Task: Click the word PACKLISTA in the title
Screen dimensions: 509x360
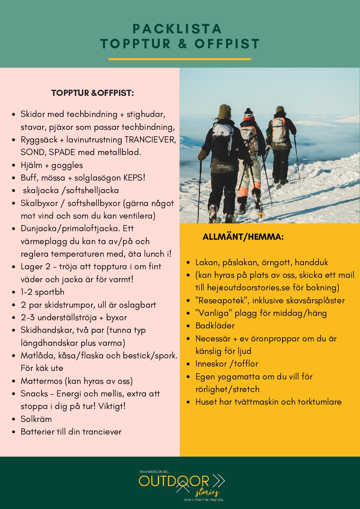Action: (177, 29)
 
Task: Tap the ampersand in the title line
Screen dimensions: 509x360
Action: (183, 44)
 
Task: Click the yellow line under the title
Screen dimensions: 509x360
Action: (179, 59)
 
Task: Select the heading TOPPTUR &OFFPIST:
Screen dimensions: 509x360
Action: (92, 93)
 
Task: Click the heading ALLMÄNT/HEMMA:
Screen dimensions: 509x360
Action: (243, 237)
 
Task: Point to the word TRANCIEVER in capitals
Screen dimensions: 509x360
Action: (150, 140)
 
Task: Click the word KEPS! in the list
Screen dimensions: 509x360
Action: (134, 178)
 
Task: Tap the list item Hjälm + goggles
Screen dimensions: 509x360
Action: (52, 165)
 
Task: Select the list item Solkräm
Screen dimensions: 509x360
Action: (36, 419)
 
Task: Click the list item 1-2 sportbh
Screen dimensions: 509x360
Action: (42, 292)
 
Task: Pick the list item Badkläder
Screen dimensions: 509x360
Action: (215, 326)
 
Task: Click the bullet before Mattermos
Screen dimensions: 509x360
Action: (14, 381)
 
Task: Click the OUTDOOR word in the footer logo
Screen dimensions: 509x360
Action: (174, 481)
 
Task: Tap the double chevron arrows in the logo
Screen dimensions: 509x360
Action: (219, 480)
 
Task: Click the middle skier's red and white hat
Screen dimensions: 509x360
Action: (249, 115)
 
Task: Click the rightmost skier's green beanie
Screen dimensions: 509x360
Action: (280, 109)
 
